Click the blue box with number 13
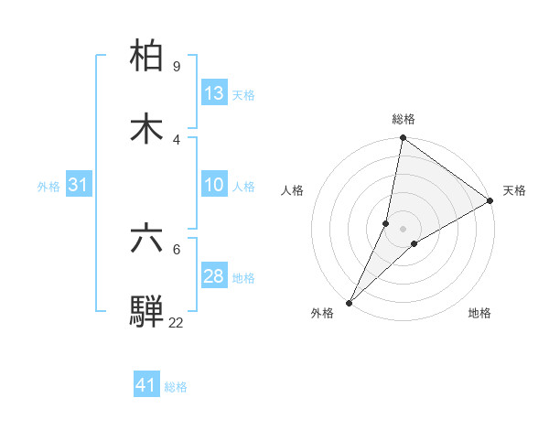(x=214, y=93)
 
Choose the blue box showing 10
(x=214, y=186)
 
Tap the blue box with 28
(x=214, y=276)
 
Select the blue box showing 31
(x=78, y=186)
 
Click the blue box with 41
(x=146, y=386)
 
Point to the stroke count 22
(x=176, y=322)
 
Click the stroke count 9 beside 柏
(x=176, y=67)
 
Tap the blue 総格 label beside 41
(x=176, y=387)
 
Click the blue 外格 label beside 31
(x=48, y=187)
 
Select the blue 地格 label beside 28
(x=243, y=277)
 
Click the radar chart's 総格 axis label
(x=404, y=119)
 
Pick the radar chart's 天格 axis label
(x=514, y=190)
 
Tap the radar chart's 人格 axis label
(x=293, y=190)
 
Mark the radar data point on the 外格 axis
(x=349, y=302)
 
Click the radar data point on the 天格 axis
(x=490, y=201)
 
